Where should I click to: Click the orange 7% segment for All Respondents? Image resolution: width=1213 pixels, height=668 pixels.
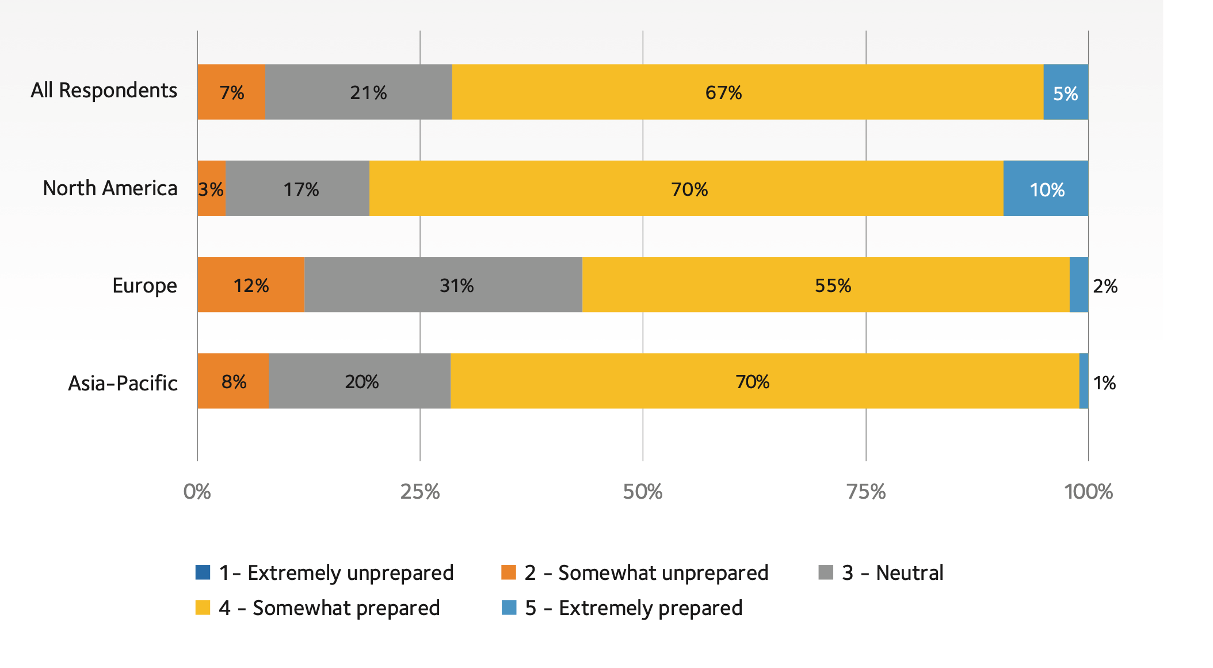pyautogui.click(x=231, y=92)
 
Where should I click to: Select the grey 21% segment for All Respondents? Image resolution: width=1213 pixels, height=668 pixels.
pyautogui.click(x=358, y=92)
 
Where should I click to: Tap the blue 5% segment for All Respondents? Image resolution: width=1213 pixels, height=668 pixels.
pyautogui.click(x=1066, y=92)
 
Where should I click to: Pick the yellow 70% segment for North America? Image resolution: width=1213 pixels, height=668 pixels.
pyautogui.click(x=686, y=189)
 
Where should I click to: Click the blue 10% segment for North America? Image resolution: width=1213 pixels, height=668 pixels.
pyautogui.click(x=1046, y=189)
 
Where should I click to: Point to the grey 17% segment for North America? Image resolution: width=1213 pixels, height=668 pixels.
pyautogui.click(x=297, y=189)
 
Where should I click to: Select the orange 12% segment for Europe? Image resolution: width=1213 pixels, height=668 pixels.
pyautogui.click(x=251, y=285)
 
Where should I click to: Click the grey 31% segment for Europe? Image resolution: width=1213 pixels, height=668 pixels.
pyautogui.click(x=443, y=285)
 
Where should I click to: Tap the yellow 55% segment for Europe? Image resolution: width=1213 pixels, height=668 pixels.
pyautogui.click(x=826, y=285)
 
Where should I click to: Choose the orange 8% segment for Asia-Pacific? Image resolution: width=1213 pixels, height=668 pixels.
pyautogui.click(x=233, y=381)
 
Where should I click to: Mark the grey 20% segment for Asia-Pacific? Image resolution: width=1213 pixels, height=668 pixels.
pyautogui.click(x=360, y=381)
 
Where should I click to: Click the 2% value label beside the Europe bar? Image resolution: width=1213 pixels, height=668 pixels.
pyautogui.click(x=1105, y=286)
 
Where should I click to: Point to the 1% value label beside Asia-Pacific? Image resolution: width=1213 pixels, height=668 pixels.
pyautogui.click(x=1104, y=383)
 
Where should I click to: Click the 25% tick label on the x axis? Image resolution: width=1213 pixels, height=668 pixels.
pyautogui.click(x=420, y=492)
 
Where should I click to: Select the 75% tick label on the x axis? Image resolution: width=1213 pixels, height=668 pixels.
pyautogui.click(x=866, y=492)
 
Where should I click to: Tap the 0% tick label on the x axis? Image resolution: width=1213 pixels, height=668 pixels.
pyautogui.click(x=197, y=492)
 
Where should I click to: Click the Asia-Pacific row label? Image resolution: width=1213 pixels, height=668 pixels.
pyautogui.click(x=123, y=383)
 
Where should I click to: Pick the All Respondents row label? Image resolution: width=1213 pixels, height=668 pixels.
pyautogui.click(x=104, y=90)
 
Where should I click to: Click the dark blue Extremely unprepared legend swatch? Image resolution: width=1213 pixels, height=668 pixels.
pyautogui.click(x=203, y=572)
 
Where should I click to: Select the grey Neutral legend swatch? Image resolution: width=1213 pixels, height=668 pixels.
pyautogui.click(x=826, y=572)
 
